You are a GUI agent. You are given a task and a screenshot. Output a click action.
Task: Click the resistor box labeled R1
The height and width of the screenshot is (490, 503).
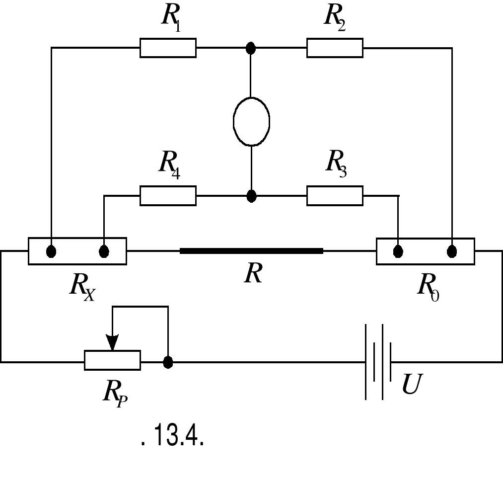pyautogui.click(x=168, y=48)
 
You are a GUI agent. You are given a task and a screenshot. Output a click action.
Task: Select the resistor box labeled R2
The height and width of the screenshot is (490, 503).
pyautogui.click(x=335, y=48)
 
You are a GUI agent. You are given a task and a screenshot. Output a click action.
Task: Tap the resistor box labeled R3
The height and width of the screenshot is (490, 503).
pyautogui.click(x=335, y=195)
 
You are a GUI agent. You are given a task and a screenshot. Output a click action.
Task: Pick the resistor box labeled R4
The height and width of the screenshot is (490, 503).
pyautogui.click(x=168, y=195)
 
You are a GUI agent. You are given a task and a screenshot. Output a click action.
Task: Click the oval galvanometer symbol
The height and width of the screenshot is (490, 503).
pyautogui.click(x=251, y=121)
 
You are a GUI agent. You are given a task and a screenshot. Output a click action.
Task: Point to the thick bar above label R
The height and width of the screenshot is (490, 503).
pyautogui.click(x=251, y=251)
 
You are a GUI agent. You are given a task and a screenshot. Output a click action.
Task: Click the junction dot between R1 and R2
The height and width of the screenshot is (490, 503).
pyautogui.click(x=251, y=48)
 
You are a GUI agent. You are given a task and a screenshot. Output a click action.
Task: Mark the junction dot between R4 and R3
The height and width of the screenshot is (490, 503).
pyautogui.click(x=252, y=195)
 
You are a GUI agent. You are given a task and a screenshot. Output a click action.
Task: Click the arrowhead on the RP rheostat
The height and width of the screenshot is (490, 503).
pyautogui.click(x=113, y=342)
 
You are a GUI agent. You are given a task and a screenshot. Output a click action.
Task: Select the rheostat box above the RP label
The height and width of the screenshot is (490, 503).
pyautogui.click(x=112, y=360)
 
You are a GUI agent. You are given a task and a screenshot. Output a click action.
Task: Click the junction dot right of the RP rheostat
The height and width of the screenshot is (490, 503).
pyautogui.click(x=168, y=362)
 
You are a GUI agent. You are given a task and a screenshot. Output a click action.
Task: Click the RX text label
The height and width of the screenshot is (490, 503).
pyautogui.click(x=82, y=287)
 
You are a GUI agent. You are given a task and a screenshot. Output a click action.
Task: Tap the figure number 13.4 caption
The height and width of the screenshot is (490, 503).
pyautogui.click(x=173, y=436)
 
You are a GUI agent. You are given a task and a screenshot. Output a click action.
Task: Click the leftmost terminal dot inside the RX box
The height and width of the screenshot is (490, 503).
pyautogui.click(x=51, y=251)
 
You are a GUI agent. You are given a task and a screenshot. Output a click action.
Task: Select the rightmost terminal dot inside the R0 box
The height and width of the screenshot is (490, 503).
pyautogui.click(x=452, y=251)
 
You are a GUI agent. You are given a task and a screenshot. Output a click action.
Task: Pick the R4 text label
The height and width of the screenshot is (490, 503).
pyautogui.click(x=169, y=163)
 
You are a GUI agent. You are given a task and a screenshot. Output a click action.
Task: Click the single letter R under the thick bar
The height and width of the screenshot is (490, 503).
pyautogui.click(x=253, y=273)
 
